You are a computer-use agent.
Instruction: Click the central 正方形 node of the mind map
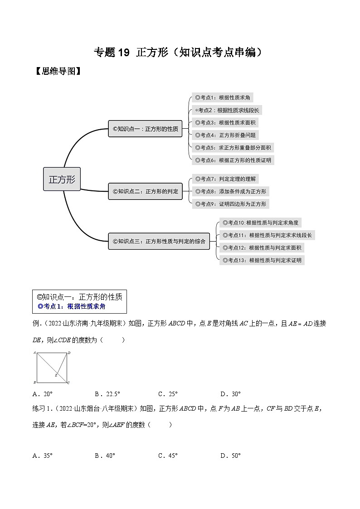(62, 179)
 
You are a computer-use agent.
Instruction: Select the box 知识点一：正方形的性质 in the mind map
(145, 129)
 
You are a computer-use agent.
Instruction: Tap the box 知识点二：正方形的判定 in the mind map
(145, 191)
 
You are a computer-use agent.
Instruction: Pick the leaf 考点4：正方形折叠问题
(225, 135)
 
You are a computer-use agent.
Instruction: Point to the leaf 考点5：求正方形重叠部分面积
(233, 147)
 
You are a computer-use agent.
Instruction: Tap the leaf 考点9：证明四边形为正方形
(230, 204)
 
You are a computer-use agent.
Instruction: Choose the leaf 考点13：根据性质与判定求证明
(262, 260)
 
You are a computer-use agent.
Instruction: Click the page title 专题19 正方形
(180, 53)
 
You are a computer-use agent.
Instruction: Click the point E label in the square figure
(56, 375)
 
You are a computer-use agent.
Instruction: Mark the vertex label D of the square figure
(68, 352)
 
